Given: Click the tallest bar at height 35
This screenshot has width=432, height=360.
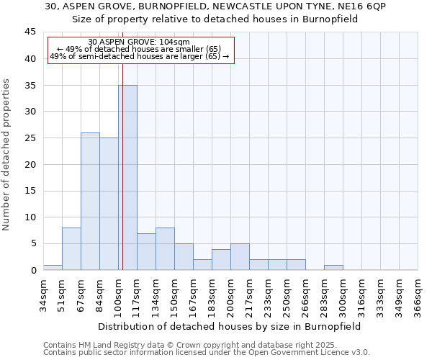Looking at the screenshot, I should coord(127,177).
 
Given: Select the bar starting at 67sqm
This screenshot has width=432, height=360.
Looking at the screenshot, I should coord(90,202).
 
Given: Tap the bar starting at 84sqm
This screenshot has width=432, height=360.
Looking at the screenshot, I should coord(109,204).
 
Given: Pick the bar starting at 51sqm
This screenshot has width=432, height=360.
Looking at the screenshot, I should coord(71,248).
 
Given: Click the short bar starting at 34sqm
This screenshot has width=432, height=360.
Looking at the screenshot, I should coord(53,267).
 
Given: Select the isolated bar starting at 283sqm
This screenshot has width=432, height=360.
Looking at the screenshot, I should coord(333,267).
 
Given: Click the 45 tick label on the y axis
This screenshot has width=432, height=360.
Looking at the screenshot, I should coord(30,32).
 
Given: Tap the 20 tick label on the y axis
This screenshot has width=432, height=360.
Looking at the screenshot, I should coord(30,164).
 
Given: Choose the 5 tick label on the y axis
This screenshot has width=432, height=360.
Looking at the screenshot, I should coord(32,243).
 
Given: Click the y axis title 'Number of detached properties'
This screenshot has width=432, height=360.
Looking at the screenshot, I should coord(6,155).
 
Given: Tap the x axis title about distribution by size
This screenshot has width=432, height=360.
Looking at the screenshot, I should coord(230,326).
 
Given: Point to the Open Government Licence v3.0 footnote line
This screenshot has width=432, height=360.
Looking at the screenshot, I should coord(207,353).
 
